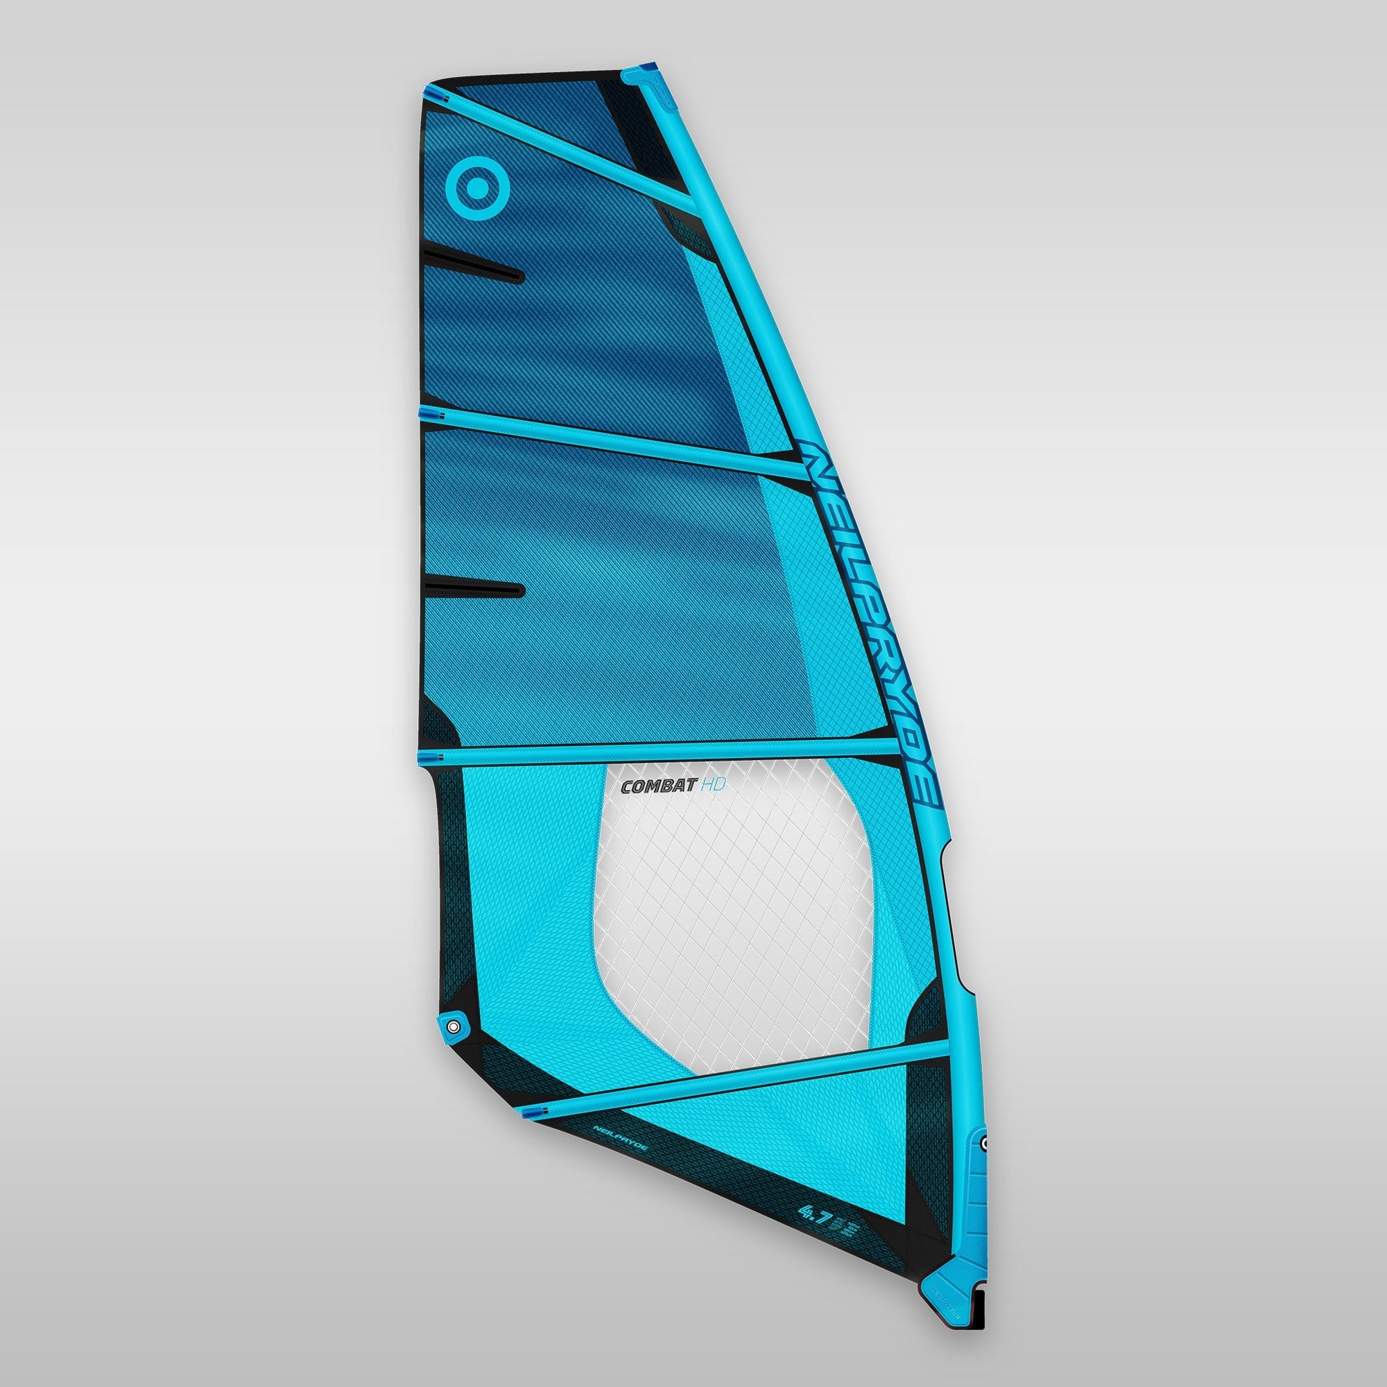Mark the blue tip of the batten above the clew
424,756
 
